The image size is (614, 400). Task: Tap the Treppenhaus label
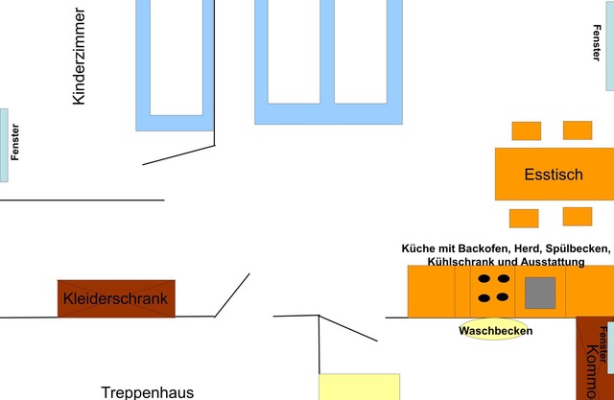(148, 391)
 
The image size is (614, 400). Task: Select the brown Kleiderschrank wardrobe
(116, 298)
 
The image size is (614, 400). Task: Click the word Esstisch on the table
(554, 175)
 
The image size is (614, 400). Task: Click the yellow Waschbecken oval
(495, 330)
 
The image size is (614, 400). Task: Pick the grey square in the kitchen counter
(540, 292)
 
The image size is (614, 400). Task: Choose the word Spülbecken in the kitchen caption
(576, 248)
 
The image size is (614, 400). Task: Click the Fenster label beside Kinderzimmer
(14, 143)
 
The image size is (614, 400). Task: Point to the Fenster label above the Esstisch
(597, 42)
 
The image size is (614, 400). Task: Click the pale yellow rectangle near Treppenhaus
(359, 387)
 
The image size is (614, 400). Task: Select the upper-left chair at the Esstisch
(526, 130)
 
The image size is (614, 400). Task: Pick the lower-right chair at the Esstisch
(578, 216)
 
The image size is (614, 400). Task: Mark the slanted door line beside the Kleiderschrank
(232, 294)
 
